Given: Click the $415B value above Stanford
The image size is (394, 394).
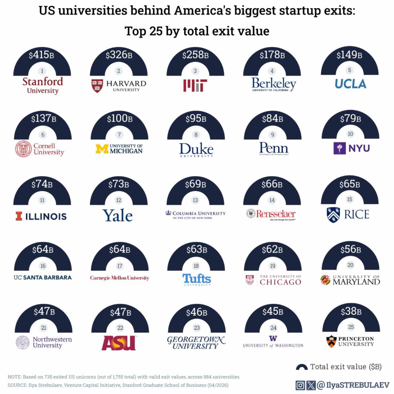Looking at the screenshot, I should tap(42, 55).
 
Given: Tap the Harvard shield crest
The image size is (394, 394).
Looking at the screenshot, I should tap(97, 86).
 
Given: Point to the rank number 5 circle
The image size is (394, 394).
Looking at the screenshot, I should tap(349, 70).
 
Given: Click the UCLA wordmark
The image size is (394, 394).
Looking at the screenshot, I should tap(350, 84).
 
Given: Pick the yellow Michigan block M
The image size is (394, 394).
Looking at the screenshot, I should tap(102, 149).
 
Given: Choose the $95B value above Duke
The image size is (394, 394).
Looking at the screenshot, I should tap(196, 118).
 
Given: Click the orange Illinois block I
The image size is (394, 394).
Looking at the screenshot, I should tap(19, 216).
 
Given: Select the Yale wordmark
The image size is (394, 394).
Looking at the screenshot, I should tap(118, 215).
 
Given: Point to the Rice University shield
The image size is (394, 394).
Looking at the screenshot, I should tap(333, 215).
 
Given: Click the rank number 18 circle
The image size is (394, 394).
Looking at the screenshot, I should tap(196, 266).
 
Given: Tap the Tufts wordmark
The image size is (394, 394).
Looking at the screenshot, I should tap(197, 279).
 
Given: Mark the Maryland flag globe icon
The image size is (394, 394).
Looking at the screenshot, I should tap(325, 280).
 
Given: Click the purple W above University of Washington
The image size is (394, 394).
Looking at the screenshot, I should tap(273, 339).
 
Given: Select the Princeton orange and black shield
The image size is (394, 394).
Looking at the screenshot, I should tap(331, 341).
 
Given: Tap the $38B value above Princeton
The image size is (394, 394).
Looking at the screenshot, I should tap(351, 311).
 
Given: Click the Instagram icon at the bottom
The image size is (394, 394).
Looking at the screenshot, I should tap(300, 385).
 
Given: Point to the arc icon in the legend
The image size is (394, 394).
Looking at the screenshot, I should tap(302, 367).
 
